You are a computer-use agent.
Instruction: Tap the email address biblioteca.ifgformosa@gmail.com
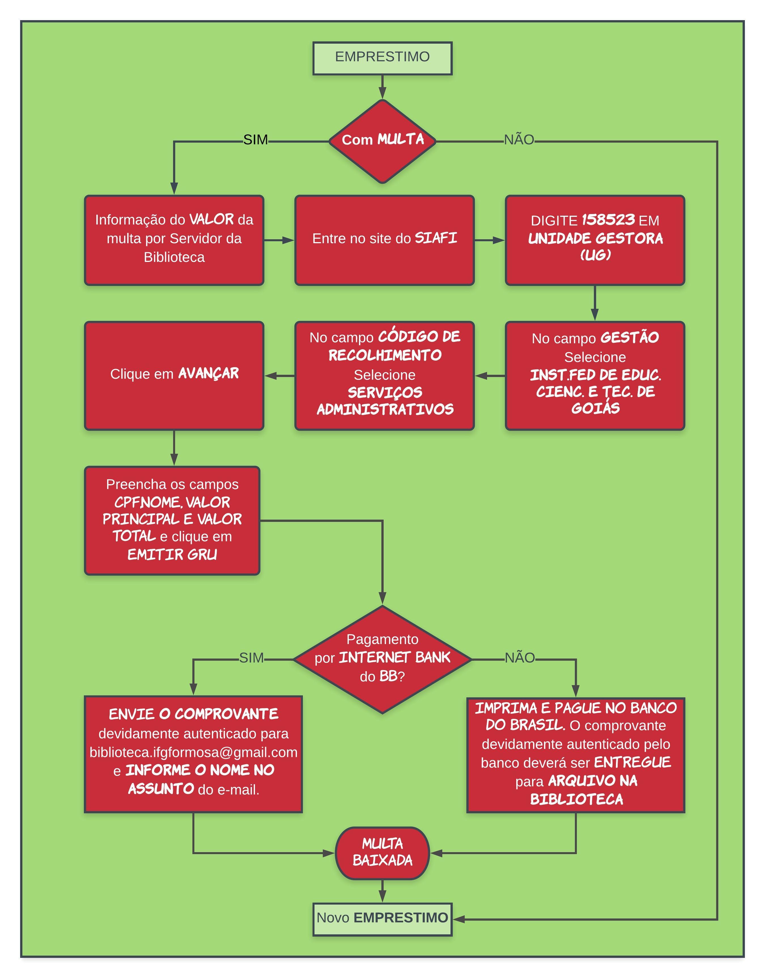(x=194, y=752)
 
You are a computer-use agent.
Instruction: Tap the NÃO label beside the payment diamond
(x=520, y=658)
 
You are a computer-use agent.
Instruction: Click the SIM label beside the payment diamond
(x=251, y=658)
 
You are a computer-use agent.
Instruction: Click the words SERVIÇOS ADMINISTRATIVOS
(x=385, y=401)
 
